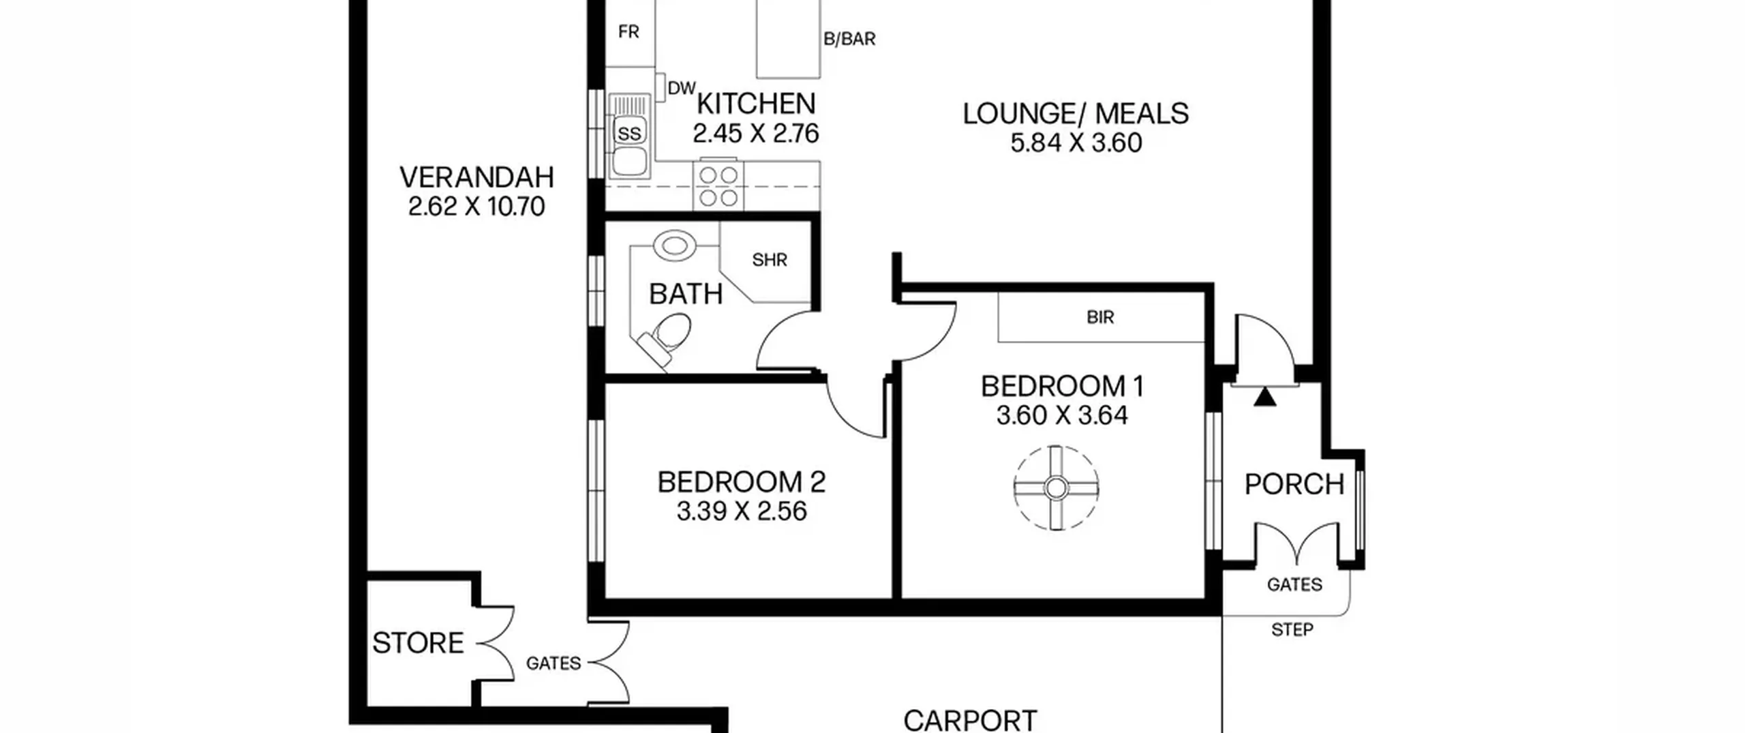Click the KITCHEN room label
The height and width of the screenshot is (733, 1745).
pos(756,104)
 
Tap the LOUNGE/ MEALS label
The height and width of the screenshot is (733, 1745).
pos(1076,113)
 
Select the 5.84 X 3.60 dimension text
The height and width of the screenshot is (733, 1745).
pos(1076,143)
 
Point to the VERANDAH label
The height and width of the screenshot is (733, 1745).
pos(476,177)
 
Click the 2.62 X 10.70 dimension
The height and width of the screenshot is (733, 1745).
pos(476,207)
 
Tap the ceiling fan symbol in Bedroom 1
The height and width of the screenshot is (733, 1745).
pos(1056,488)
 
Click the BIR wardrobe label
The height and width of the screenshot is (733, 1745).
pos(1100,317)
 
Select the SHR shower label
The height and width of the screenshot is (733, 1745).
pos(770,260)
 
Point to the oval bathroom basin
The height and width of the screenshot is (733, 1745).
pos(674,245)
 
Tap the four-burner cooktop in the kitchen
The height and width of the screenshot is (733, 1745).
pos(718,186)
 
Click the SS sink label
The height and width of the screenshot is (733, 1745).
pos(629,134)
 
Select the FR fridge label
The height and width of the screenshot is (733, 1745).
pos(628,32)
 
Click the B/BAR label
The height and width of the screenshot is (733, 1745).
pos(849,39)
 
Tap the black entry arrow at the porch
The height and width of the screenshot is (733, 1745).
pos(1265,397)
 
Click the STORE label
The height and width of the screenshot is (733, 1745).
pos(418,643)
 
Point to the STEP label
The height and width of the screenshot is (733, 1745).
pos(1292,629)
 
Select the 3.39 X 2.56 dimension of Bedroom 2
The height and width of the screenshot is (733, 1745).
pos(742,511)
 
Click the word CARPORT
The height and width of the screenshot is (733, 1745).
pos(970,720)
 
